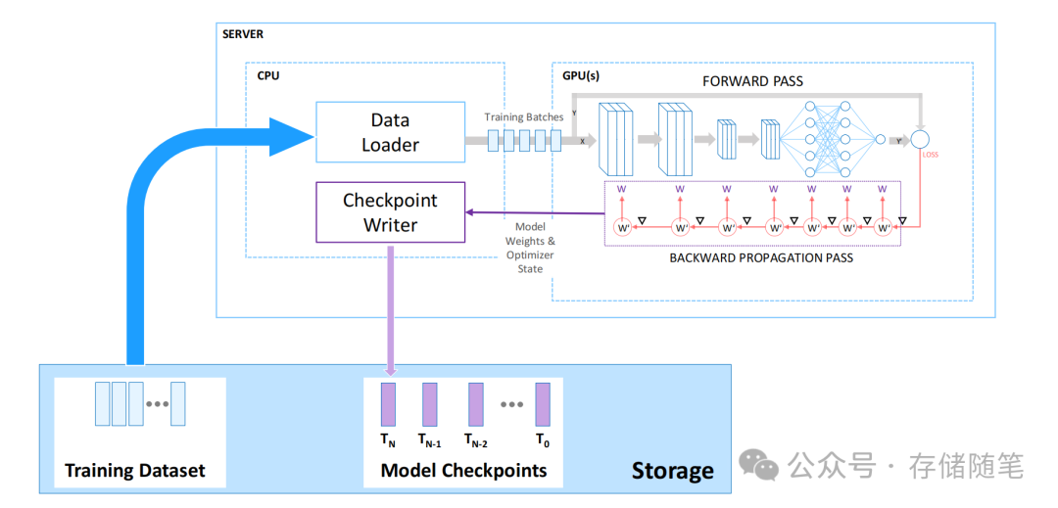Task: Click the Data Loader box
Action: coord(390,132)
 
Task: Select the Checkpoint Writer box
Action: coord(391,212)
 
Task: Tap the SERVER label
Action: coord(243,34)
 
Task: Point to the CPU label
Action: coord(267,75)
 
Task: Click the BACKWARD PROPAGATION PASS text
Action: coord(761,258)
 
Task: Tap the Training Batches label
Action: coord(524,117)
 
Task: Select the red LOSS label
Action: coord(931,155)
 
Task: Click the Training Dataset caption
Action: coord(135,471)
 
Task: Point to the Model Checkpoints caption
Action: coord(463,471)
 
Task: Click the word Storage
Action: coord(672,471)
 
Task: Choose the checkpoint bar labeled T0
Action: coord(543,404)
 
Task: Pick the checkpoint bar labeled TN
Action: coord(388,404)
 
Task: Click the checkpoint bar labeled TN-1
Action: coord(429,404)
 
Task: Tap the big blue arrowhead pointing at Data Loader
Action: coord(288,136)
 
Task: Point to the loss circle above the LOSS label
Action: coord(920,139)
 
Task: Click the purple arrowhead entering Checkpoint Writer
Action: coord(470,212)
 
